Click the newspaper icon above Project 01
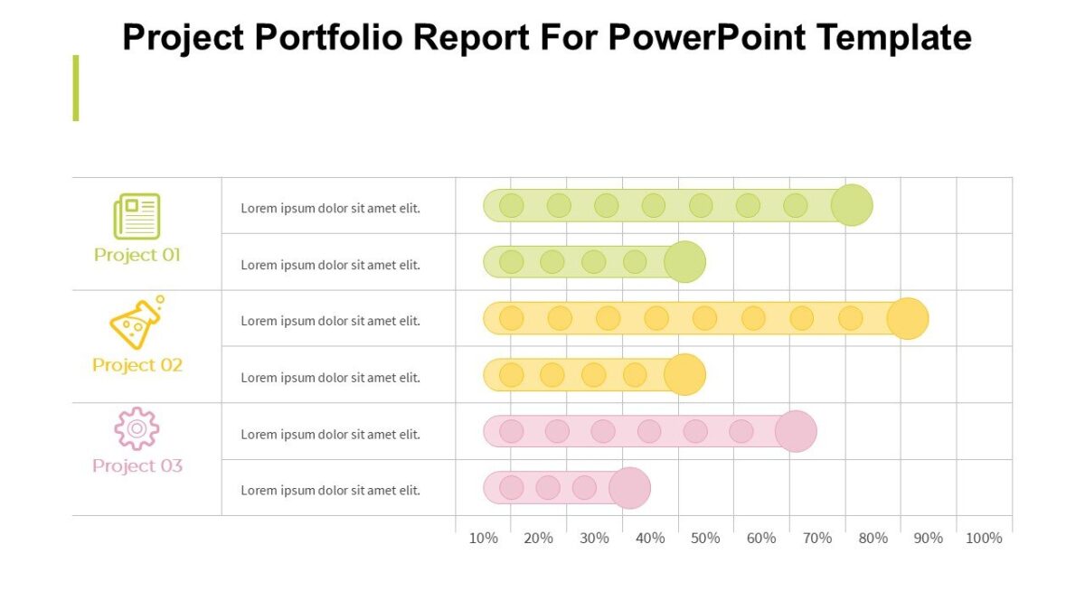point(137,217)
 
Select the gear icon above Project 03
point(137,428)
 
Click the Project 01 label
point(137,255)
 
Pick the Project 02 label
point(137,365)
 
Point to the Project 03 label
point(137,466)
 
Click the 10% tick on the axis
point(483,539)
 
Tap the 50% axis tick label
point(705,539)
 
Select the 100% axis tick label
point(984,539)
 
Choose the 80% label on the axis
point(873,539)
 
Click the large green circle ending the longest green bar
point(852,205)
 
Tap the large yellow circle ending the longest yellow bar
point(907,318)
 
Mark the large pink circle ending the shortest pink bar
point(629,488)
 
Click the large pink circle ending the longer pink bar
point(796,431)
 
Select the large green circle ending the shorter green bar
point(684,262)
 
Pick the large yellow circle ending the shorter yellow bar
point(684,375)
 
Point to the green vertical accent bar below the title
point(76,88)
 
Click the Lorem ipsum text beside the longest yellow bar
point(330,321)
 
